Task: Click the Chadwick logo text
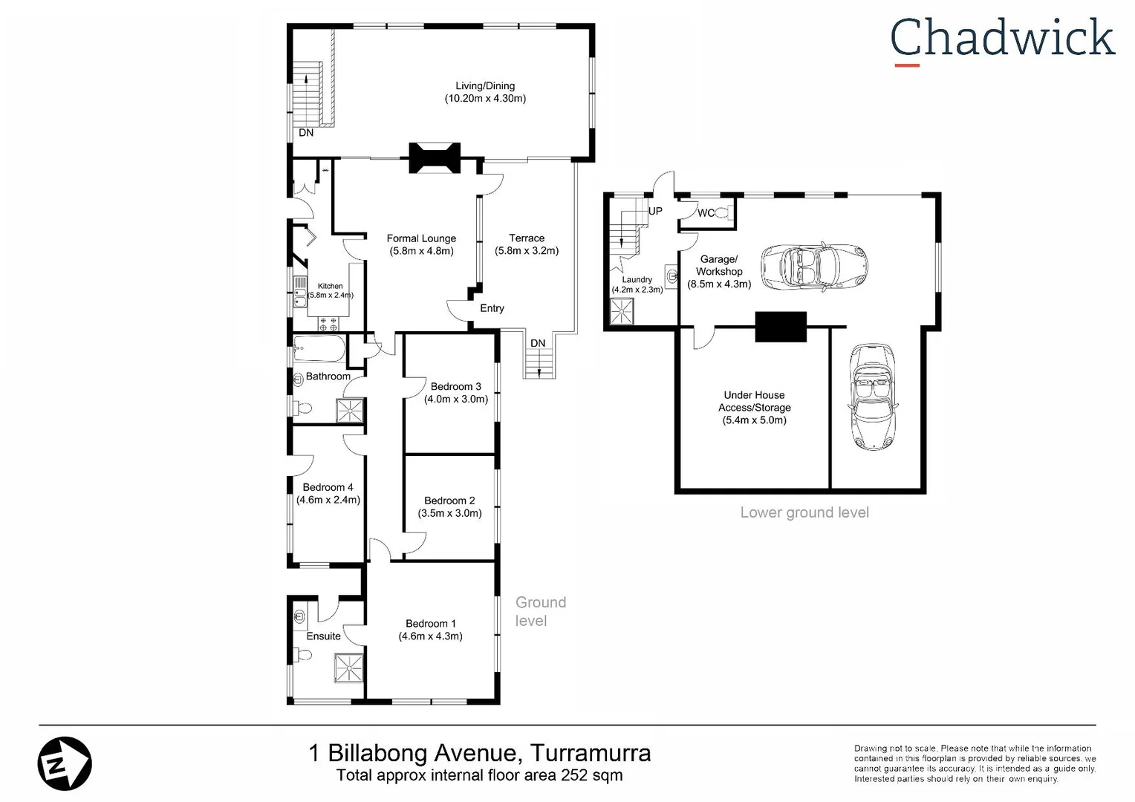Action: coord(1002,39)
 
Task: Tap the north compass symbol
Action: coord(65,763)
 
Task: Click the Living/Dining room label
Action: coord(485,86)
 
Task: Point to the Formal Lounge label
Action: coord(421,238)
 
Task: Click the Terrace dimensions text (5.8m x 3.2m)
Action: coord(527,251)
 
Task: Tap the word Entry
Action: coord(492,308)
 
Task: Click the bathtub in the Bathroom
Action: coord(319,347)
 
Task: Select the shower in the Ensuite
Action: coord(348,667)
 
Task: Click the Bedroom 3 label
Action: coord(455,386)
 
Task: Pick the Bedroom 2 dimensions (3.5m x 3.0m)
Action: coord(449,513)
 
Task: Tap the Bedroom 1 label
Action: coord(431,624)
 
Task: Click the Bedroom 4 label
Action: coord(328,487)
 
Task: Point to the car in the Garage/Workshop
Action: coord(814,265)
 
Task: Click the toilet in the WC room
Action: coord(723,214)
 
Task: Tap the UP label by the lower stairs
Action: coord(655,211)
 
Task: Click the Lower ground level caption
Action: coord(804,512)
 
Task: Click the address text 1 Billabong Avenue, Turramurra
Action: coord(480,753)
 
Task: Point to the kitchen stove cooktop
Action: coord(328,323)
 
